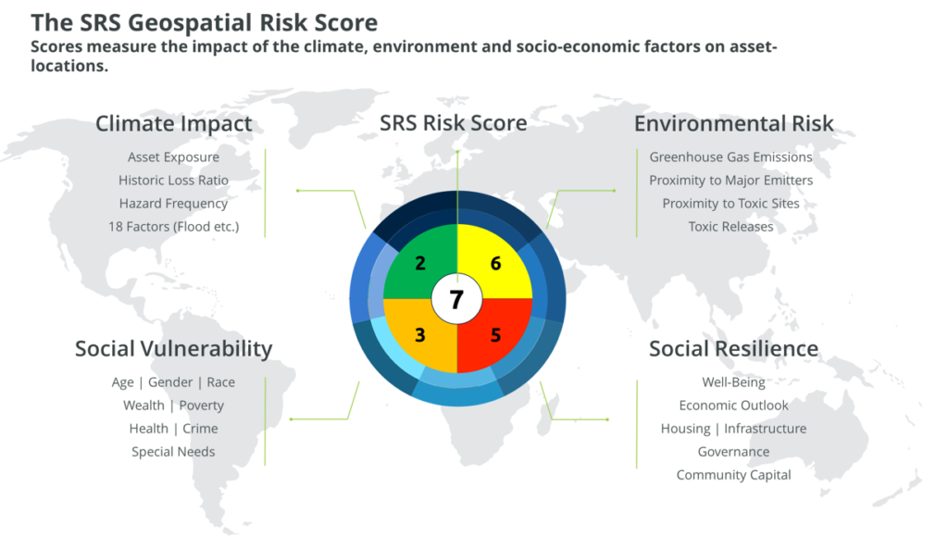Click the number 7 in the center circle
[x=456, y=299]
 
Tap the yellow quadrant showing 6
[x=495, y=264]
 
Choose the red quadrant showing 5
[x=495, y=335]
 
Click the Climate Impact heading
[x=173, y=123]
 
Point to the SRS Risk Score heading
[x=453, y=122]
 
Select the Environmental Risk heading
[x=733, y=123]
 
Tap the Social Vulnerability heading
[x=173, y=348]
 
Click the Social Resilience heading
[x=733, y=348]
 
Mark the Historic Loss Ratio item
[x=173, y=180]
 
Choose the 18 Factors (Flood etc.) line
[x=173, y=226]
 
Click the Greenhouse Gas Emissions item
[x=730, y=156]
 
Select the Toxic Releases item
[x=730, y=226]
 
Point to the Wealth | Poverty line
[x=173, y=406]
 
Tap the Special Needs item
[x=173, y=452]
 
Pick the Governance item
[x=733, y=452]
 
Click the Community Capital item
[x=733, y=475]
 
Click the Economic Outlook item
[x=733, y=406]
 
